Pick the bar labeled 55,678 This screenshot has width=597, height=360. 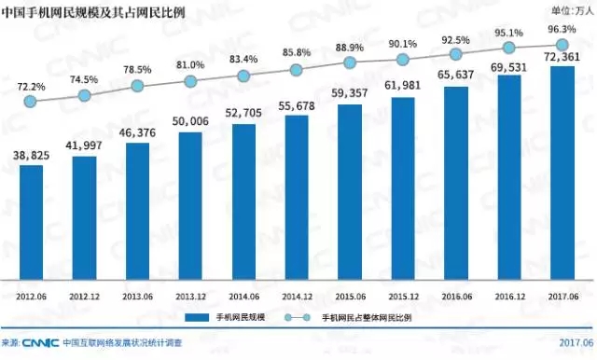tap(297, 197)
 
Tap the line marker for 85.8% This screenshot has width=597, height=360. tap(297, 70)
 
